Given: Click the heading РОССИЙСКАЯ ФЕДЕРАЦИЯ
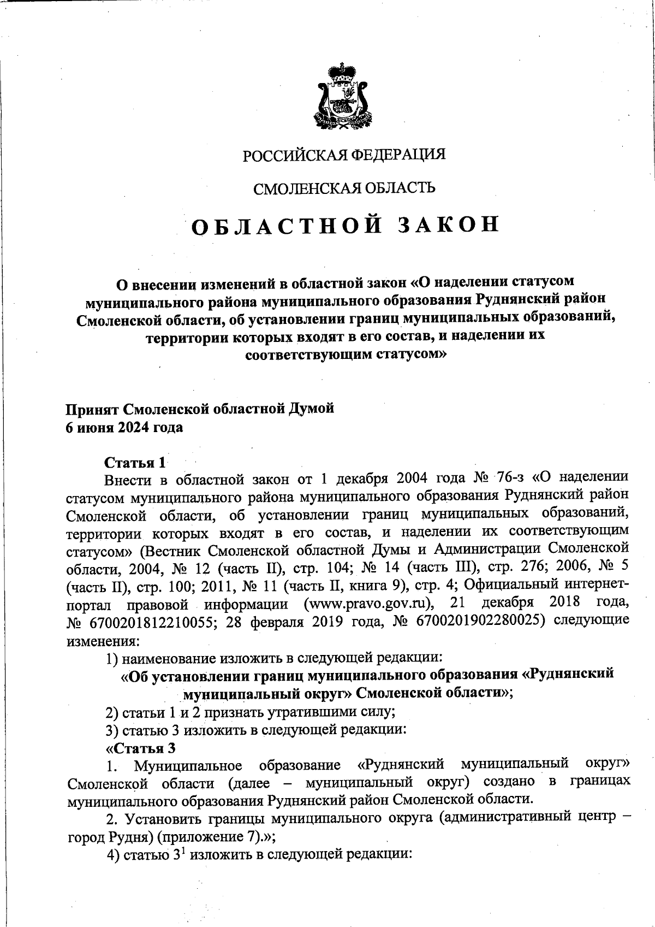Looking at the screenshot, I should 344,155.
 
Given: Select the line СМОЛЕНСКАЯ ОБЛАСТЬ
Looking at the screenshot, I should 344,188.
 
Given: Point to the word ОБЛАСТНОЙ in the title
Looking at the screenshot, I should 284,226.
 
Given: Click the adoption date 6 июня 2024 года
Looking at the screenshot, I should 124,427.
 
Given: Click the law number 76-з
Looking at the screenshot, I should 510,478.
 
